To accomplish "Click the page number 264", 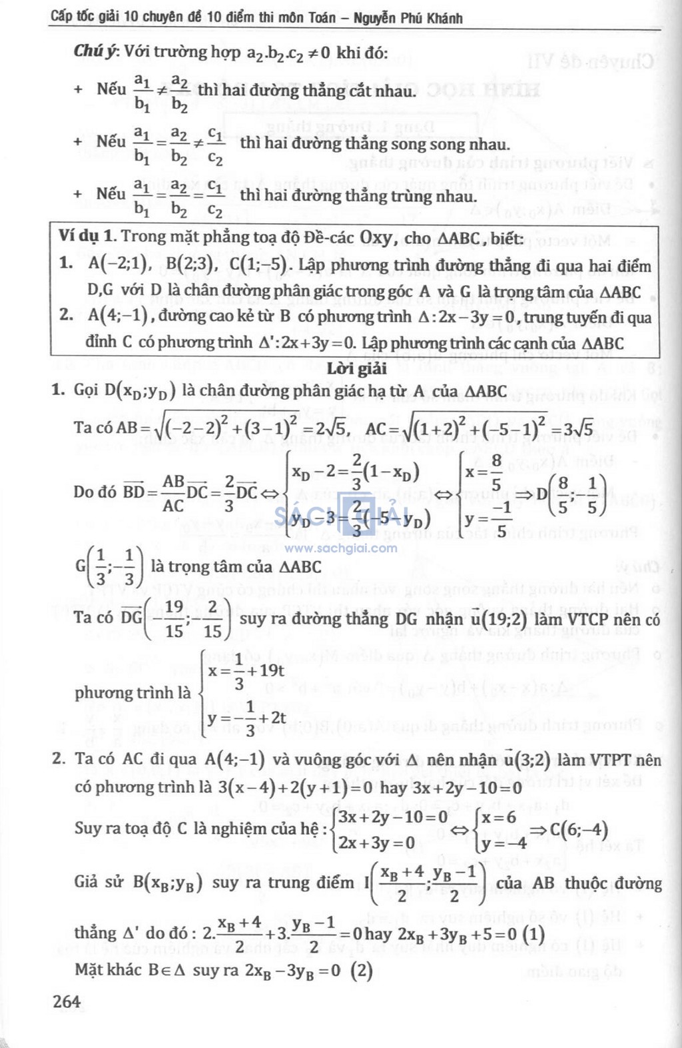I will pyautogui.click(x=67, y=1001).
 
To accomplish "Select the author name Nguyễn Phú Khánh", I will pyautogui.click(x=408, y=18).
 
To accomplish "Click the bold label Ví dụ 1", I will pyautogui.click(x=87, y=237).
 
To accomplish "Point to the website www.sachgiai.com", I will pyautogui.click(x=341, y=548).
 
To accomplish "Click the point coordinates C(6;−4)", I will pyautogui.click(x=578, y=830).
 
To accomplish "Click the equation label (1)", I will pyautogui.click(x=533, y=933).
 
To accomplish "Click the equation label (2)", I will pyautogui.click(x=362, y=970).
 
